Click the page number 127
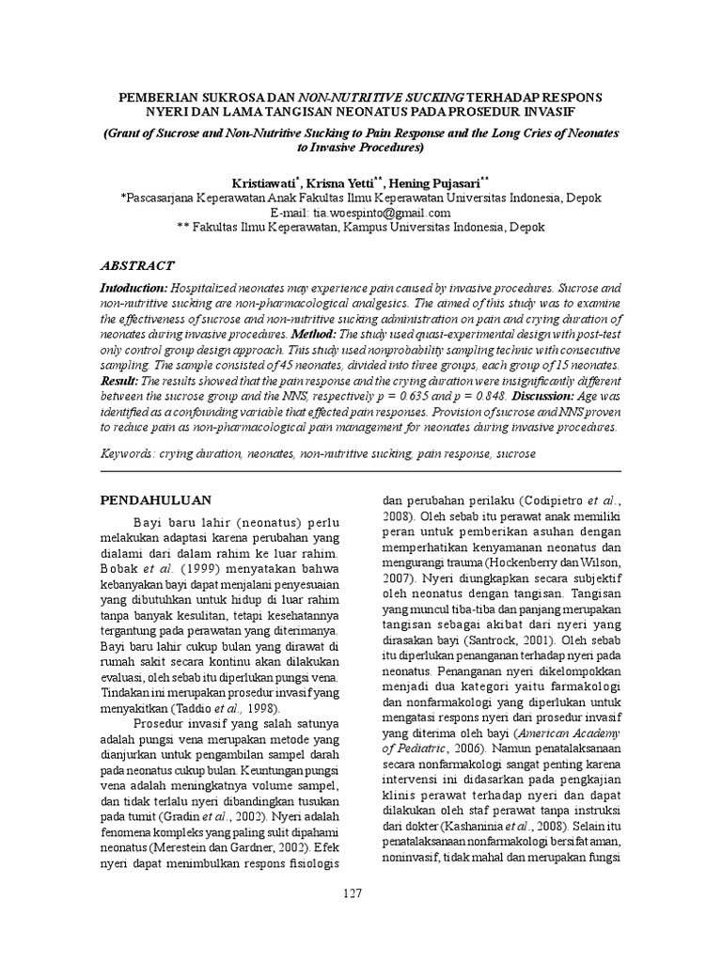(x=352, y=893)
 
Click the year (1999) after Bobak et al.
(x=205, y=570)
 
